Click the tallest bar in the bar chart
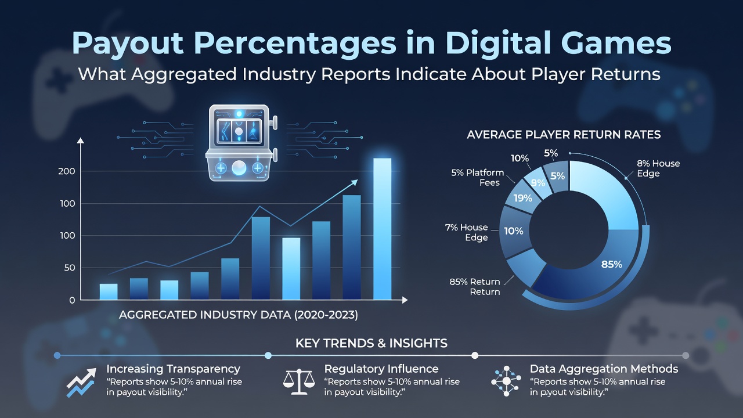382,229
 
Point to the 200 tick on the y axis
67,171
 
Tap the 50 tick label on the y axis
70,268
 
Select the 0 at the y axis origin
72,300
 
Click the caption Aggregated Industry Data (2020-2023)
239,315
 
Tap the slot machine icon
241,143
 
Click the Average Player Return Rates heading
564,135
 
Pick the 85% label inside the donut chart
612,264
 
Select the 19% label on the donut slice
523,199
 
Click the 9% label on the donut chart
538,183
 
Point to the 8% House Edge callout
658,168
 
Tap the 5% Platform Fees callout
477,178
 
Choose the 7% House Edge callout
466,232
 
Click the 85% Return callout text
475,287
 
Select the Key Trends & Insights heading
371,343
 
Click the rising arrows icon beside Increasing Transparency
81,383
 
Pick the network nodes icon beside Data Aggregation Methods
506,381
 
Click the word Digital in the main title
497,43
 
